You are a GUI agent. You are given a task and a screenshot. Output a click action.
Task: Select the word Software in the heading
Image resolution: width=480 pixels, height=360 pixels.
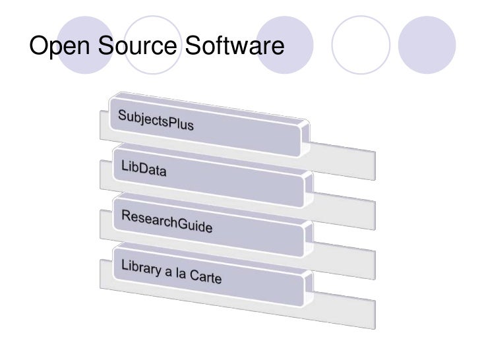[x=233, y=46]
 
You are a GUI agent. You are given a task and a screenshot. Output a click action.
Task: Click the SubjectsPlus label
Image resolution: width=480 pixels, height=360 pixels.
[x=156, y=121]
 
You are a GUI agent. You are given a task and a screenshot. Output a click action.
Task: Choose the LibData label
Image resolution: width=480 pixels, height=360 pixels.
[x=143, y=171]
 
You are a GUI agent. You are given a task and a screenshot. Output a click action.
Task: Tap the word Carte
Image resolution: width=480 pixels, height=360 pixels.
[x=206, y=278]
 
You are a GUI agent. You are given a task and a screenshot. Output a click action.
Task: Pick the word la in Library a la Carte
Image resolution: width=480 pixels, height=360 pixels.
[x=179, y=273]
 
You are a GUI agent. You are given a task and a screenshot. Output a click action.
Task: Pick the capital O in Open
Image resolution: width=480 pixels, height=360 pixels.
[x=39, y=46]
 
